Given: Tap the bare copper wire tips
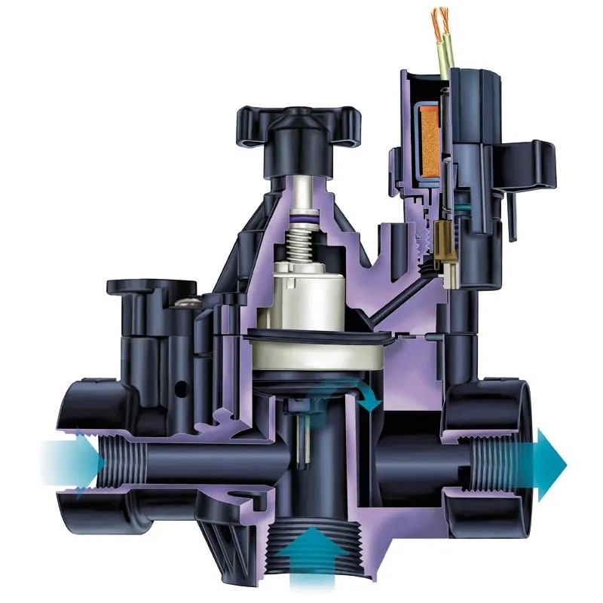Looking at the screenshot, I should coord(439,19).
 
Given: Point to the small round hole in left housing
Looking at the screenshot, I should coord(181,390).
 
